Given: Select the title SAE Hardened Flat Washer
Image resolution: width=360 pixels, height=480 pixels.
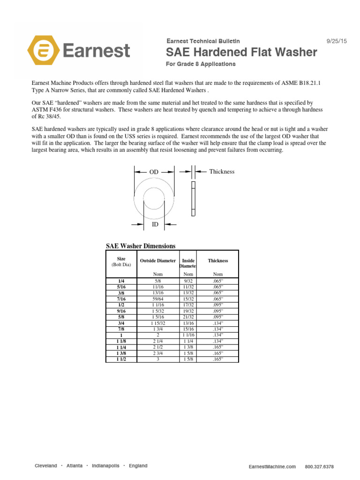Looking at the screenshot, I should tap(242, 52).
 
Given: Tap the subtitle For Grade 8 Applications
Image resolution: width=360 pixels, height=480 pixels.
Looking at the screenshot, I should tap(201, 64).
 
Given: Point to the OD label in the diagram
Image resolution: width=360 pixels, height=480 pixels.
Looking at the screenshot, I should tap(154, 172).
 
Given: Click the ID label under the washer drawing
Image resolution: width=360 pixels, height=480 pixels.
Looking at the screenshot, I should tap(155, 225).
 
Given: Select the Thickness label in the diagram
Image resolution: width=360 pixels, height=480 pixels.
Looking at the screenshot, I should tap(222, 172).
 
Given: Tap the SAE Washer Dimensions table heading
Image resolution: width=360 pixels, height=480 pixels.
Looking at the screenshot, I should tap(141, 246).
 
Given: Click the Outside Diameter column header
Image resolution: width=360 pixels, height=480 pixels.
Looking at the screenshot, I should tap(158, 261).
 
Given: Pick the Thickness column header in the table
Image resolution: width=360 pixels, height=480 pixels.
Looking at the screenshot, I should tap(218, 261).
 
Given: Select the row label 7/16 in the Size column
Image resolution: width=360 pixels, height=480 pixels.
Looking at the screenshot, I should tap(121, 298).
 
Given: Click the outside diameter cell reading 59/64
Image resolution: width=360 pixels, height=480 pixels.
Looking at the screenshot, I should tap(158, 298).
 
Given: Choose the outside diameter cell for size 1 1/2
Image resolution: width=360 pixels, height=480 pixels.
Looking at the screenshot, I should tap(158, 359).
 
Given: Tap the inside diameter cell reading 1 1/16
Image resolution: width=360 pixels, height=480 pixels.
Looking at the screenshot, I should tap(188, 335).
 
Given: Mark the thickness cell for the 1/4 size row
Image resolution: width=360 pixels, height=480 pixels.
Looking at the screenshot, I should tap(218, 280).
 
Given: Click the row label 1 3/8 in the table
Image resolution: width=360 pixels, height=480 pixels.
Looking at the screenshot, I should tap(121, 353).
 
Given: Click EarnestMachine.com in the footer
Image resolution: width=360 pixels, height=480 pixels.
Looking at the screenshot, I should tap(272, 467).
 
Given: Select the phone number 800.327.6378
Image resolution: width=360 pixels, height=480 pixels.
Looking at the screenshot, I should tap(319, 467).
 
